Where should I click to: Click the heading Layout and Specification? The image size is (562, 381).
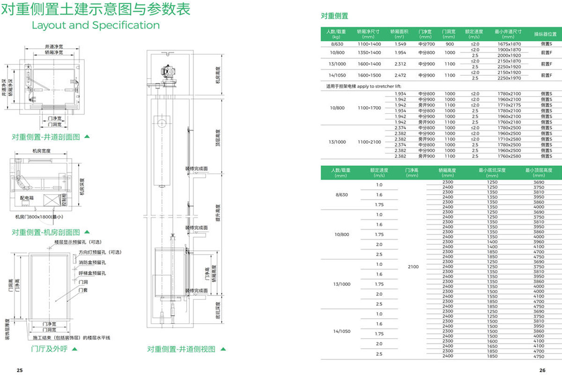point(96,25)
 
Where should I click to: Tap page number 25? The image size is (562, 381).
point(20,370)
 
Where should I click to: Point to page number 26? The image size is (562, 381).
point(542,370)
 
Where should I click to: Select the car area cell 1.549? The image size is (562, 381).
point(400,44)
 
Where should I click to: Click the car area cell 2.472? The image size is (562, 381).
point(400,75)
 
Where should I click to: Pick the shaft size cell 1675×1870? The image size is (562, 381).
point(509,44)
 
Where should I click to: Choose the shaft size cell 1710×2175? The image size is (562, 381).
point(509,105)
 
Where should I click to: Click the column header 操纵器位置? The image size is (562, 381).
point(545,34)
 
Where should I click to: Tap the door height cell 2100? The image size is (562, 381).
point(413,267)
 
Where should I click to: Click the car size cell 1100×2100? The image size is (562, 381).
point(369,142)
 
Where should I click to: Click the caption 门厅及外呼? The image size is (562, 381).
point(49,349)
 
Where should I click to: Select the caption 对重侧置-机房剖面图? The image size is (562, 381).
point(46,232)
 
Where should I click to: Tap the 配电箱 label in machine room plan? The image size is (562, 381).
point(27,198)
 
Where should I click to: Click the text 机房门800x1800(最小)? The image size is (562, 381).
point(39,217)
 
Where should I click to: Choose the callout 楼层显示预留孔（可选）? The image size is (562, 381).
point(78,242)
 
